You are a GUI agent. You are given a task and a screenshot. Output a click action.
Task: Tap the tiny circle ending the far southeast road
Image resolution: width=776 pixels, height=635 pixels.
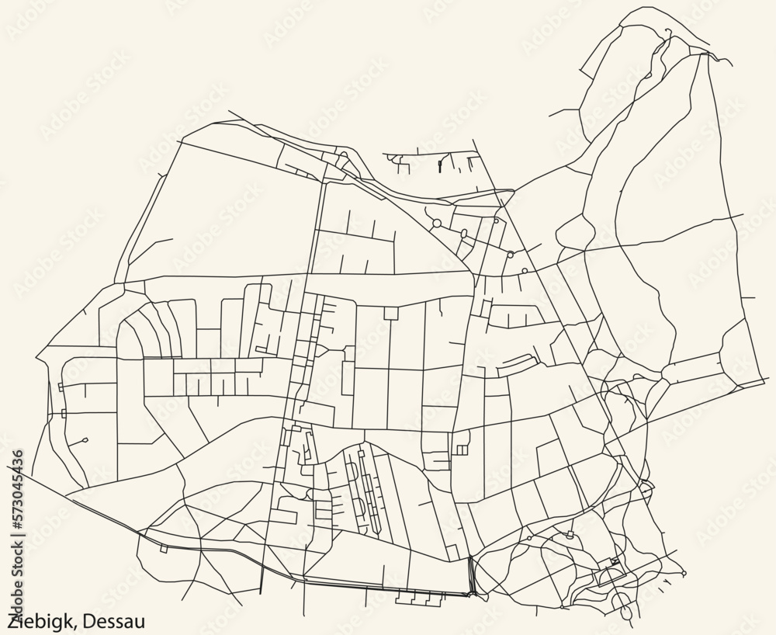pos(684,573)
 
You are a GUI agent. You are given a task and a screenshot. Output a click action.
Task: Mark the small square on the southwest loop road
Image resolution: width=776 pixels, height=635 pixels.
pos(164,549)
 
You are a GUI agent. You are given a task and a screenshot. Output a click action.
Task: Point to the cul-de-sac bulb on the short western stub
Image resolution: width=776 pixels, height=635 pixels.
pos(84,440)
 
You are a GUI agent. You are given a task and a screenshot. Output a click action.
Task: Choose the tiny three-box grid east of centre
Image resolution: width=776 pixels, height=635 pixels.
pos(461,449)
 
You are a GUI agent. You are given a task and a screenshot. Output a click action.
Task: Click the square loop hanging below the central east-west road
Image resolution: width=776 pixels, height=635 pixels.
pos(390,313)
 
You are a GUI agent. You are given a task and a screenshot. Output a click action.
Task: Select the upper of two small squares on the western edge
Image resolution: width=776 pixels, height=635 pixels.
pos(61,386)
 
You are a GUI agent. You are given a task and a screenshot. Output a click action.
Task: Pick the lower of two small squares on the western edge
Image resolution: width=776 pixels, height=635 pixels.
pos(64,415)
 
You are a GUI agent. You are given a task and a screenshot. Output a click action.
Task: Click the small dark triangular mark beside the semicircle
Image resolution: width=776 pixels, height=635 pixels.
pos(615,560)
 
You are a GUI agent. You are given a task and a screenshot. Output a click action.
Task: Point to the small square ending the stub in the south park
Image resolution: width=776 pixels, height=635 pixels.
pos(570,535)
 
